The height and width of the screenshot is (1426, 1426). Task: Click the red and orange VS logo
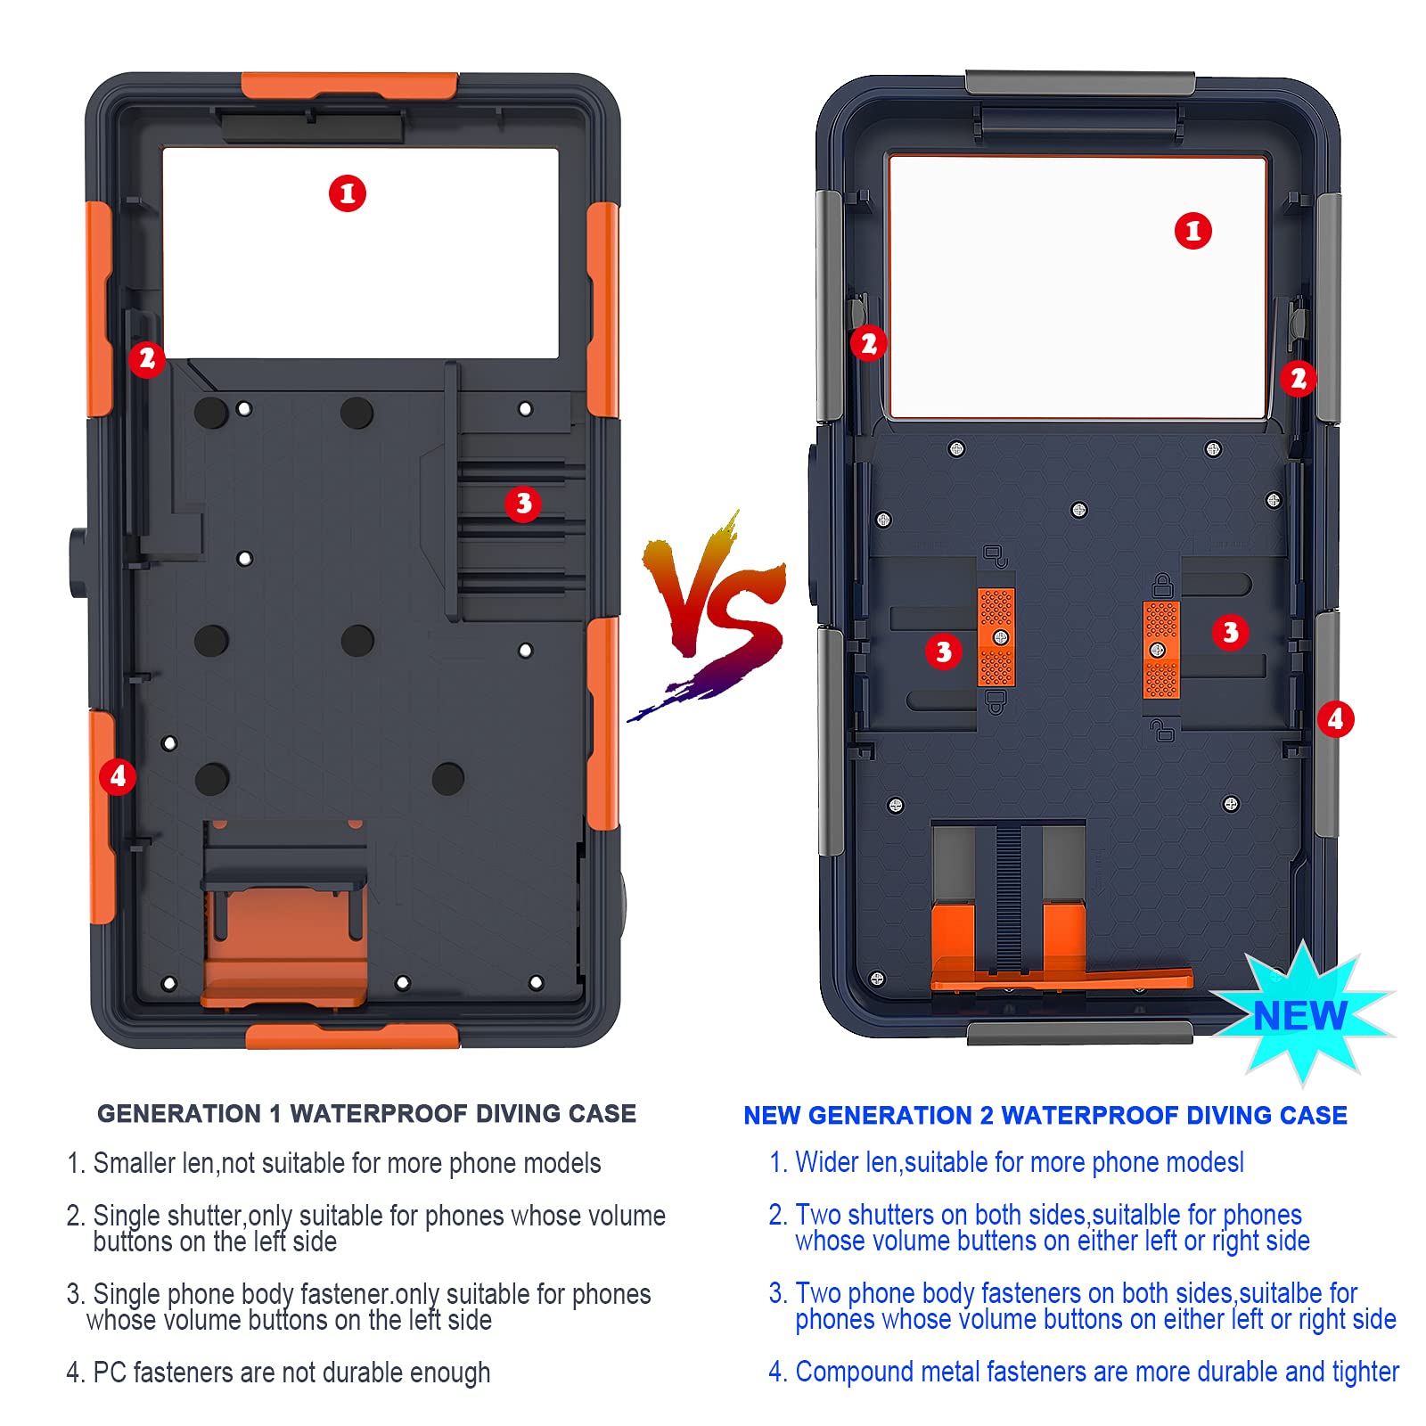[x=713, y=615]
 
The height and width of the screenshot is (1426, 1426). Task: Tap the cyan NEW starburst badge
[x=1302, y=1014]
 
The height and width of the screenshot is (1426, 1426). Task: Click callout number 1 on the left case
[x=348, y=193]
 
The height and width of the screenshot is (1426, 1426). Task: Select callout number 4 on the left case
[x=118, y=776]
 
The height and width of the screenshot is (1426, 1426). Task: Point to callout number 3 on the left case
[x=523, y=504]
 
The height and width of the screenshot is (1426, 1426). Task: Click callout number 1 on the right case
[x=1193, y=232]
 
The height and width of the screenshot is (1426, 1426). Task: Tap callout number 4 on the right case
[x=1335, y=719]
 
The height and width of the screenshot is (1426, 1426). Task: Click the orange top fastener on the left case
[x=349, y=86]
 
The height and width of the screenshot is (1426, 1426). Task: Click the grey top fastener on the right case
[x=1080, y=83]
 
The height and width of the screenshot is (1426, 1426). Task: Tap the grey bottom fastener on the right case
[x=1079, y=1033]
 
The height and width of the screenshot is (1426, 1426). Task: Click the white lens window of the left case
[x=360, y=253]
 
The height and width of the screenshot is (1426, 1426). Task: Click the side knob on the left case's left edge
[x=77, y=562]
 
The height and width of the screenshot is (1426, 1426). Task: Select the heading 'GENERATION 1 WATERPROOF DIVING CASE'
[x=366, y=1114]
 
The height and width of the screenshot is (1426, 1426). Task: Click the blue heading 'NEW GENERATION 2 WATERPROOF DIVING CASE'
[x=1045, y=1116]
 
